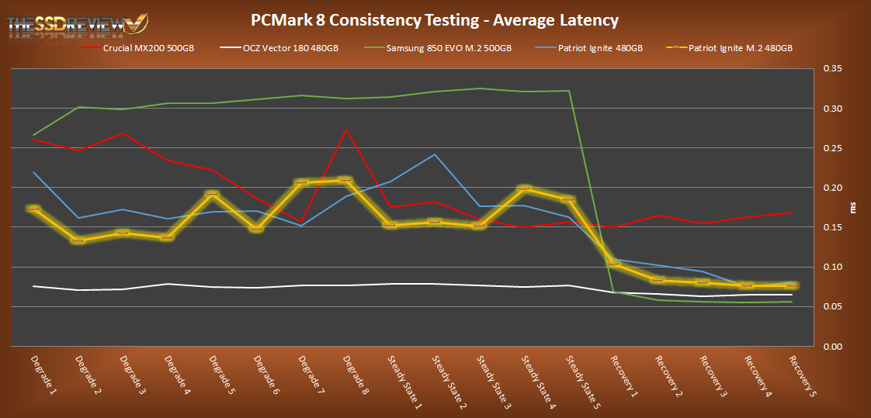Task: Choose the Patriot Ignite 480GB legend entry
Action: click(x=595, y=48)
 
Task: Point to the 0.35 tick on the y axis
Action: click(x=831, y=68)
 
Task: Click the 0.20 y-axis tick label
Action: click(x=831, y=187)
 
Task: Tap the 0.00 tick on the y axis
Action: click(x=831, y=346)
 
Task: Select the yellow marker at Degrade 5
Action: click(x=212, y=193)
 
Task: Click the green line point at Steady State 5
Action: click(x=570, y=91)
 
